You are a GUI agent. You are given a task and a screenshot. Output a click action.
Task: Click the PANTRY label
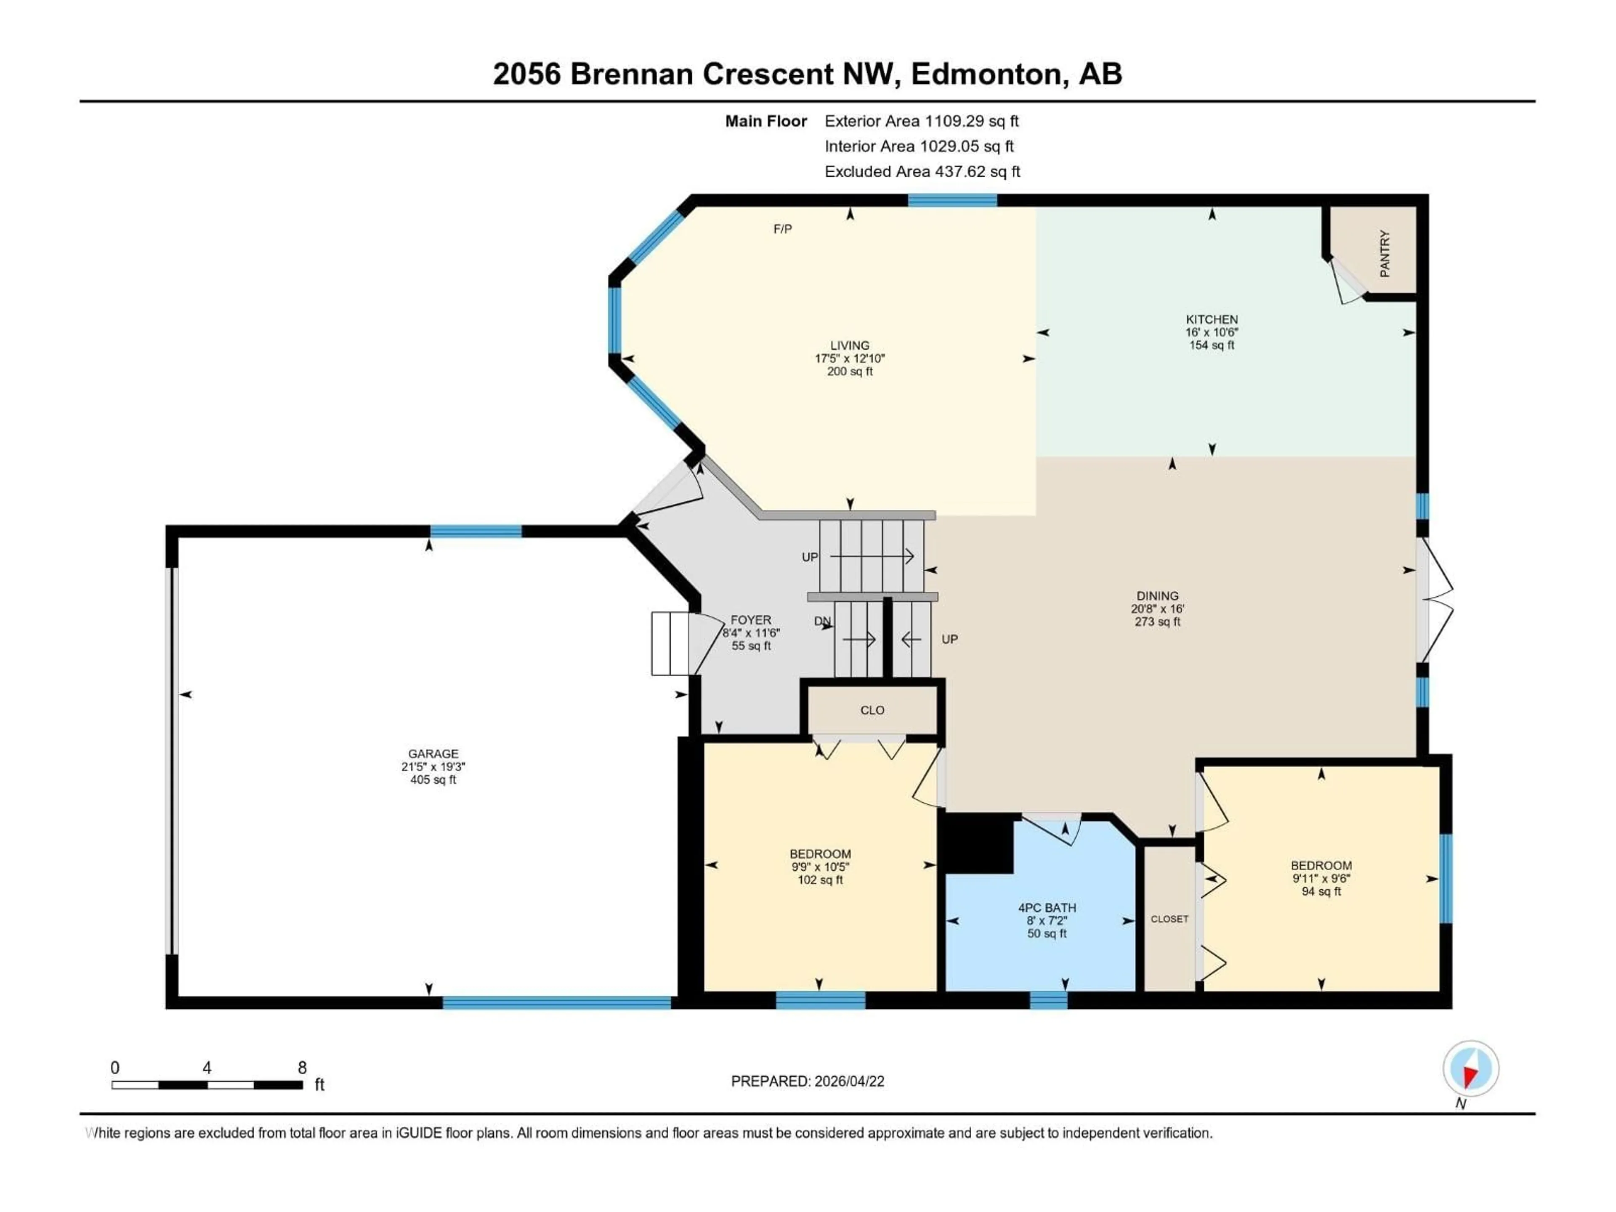coord(1385,253)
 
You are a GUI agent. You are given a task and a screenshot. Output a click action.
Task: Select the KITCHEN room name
coord(1211,319)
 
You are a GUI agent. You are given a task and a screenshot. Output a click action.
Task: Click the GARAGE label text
coord(433,753)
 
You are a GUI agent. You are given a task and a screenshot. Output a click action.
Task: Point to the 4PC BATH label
coord(1047,907)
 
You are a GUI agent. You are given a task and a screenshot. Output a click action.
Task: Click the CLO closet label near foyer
coord(872,710)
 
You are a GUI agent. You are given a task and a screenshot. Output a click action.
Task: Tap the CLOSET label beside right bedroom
coord(1169,919)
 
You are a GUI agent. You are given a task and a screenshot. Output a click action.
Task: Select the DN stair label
coord(823,621)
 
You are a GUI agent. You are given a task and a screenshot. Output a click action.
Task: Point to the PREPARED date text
coord(807,1081)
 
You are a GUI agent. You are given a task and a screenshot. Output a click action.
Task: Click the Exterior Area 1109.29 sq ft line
coord(921,121)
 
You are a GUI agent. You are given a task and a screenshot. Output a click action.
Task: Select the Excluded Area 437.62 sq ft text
coord(922,172)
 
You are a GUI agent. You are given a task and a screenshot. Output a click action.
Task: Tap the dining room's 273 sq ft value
coord(1157,622)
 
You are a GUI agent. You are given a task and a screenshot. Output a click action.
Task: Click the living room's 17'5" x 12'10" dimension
coord(850,359)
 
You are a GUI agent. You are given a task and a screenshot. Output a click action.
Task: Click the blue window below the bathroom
coord(1048,999)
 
